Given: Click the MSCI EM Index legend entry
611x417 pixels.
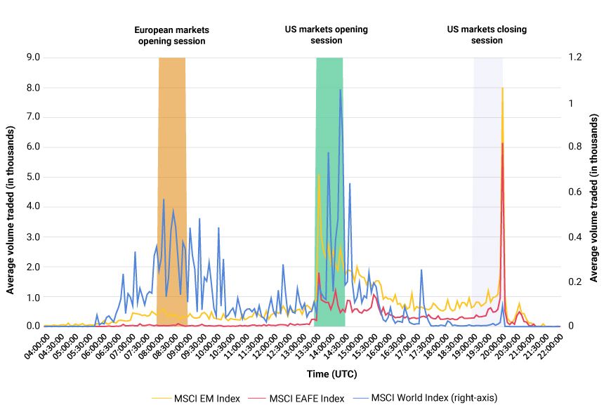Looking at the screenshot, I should coord(196,398).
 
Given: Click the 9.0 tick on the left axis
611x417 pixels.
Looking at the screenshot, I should coord(32,58).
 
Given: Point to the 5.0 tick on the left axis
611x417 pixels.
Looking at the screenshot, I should coord(32,177).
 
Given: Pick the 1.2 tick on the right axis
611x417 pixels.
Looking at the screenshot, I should coord(575,58).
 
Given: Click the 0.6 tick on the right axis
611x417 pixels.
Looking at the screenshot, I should coord(575,192).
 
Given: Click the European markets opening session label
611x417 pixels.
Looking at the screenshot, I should coord(171,36).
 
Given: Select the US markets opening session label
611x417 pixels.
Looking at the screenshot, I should coord(326,35).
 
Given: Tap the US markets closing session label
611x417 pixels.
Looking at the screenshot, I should coord(487,35).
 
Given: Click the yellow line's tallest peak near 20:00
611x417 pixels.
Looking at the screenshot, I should coord(502,88).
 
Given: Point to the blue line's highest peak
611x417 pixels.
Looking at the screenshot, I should coord(341,90).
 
